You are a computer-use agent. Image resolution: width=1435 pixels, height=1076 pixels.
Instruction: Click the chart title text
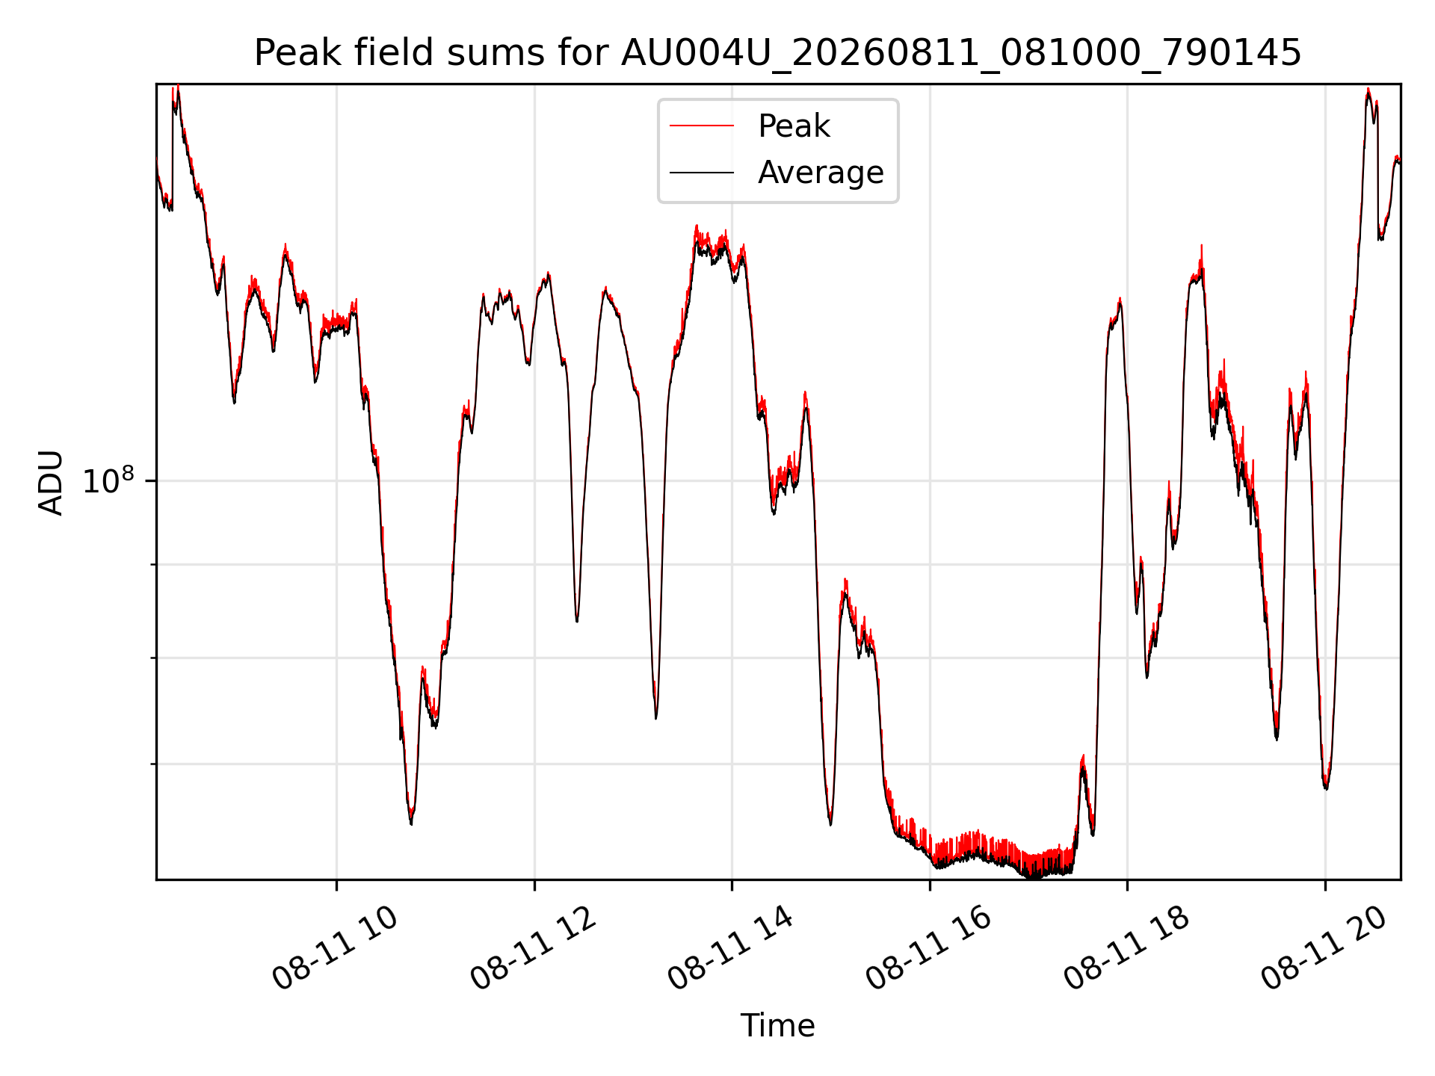coord(777,53)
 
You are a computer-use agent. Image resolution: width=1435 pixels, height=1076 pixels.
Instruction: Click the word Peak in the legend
coord(794,126)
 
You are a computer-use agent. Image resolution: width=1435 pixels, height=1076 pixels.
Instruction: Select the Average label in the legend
coord(821,173)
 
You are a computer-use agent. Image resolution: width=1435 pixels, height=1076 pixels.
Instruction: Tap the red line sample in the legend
coord(702,126)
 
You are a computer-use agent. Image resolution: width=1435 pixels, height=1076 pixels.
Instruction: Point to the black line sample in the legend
coord(702,173)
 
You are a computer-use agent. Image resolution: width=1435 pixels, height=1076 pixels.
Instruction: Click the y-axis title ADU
coord(51,482)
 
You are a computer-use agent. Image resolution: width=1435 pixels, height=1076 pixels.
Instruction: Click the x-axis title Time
coord(777,1026)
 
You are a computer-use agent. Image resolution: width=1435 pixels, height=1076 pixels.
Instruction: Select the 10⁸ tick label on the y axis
coord(108,480)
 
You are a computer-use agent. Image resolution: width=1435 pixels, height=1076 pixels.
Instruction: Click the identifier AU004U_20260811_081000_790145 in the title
coord(961,54)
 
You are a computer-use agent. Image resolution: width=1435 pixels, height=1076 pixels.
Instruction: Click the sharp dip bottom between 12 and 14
coord(655,718)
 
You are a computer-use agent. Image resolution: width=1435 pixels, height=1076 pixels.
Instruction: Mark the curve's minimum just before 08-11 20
coord(1326,788)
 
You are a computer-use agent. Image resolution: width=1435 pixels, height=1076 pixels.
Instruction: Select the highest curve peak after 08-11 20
coord(1368,90)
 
